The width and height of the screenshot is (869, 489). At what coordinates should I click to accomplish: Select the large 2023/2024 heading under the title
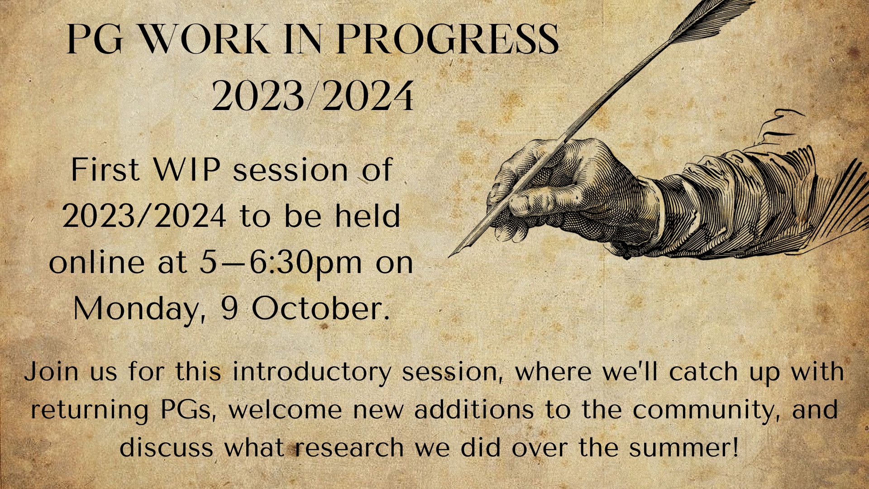coord(313,96)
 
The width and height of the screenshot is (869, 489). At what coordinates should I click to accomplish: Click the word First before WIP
coord(105,170)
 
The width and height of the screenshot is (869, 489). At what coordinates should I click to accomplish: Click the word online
coord(96,262)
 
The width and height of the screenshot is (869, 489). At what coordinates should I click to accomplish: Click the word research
coord(349,448)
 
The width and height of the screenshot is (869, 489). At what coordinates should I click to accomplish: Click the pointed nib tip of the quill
coord(449,257)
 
